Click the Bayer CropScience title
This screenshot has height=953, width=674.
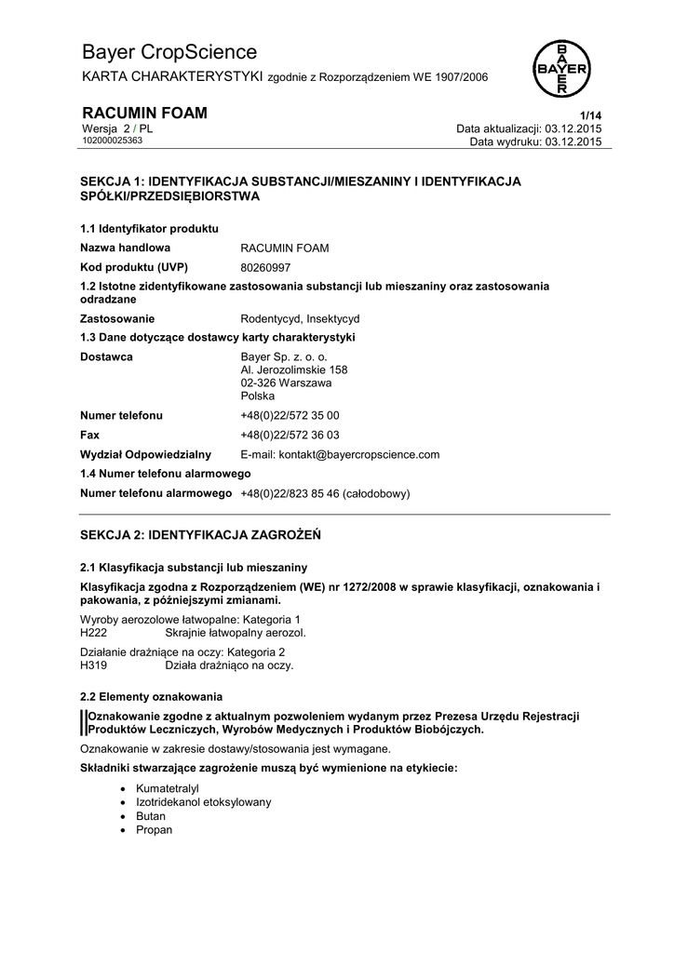click(x=169, y=52)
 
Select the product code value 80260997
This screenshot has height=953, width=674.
click(x=265, y=267)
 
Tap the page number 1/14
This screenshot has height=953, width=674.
click(x=591, y=114)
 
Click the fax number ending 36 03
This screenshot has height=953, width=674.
click(x=290, y=435)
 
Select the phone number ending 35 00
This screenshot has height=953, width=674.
click(x=290, y=416)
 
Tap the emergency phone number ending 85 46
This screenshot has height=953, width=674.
click(x=325, y=494)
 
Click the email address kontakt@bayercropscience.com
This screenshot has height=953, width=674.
click(x=340, y=455)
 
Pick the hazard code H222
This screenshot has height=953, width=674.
click(x=95, y=633)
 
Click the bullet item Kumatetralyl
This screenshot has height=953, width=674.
click(x=168, y=788)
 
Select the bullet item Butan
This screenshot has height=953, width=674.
click(x=151, y=816)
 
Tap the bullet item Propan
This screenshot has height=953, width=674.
click(x=155, y=830)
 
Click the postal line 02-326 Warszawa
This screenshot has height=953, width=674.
click(x=287, y=383)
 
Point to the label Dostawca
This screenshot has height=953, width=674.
click(x=106, y=356)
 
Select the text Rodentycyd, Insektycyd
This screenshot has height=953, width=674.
click(x=300, y=318)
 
